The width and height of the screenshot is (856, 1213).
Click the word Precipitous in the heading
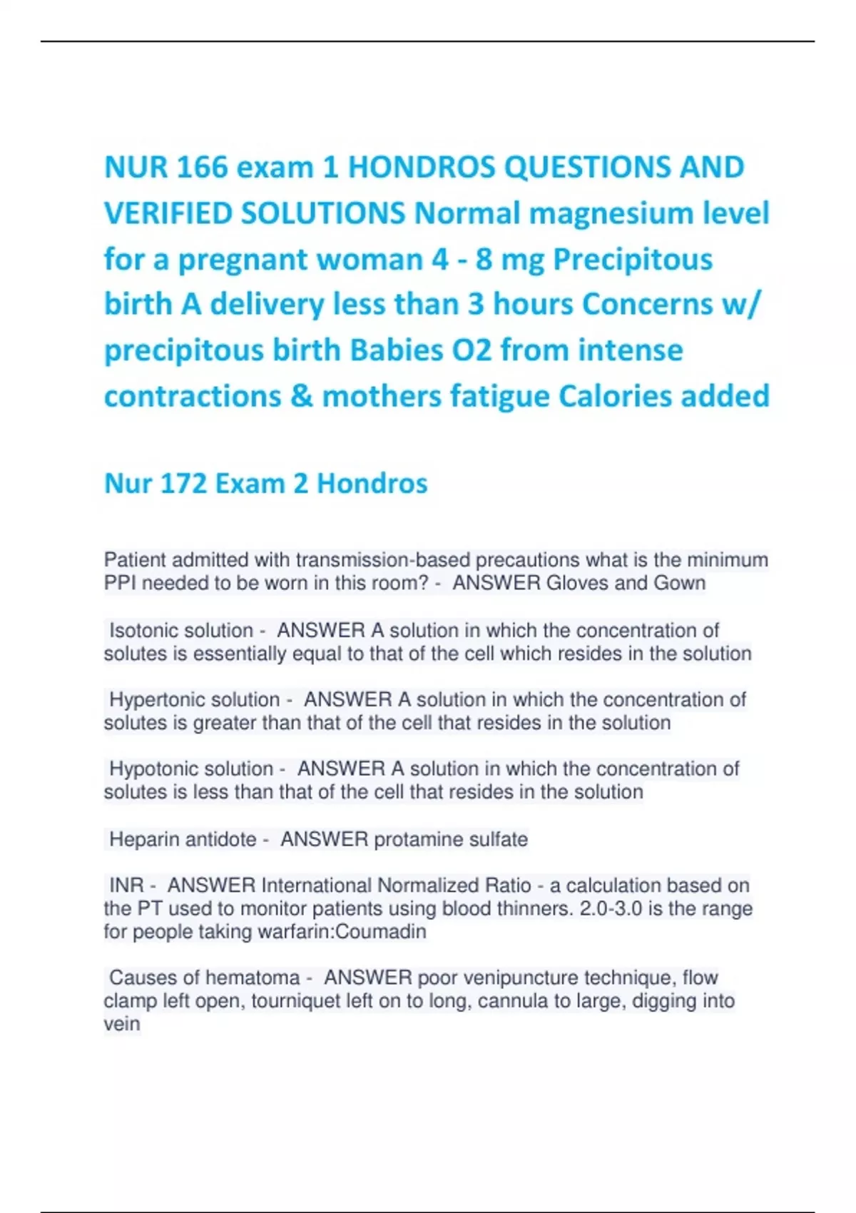633,259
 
